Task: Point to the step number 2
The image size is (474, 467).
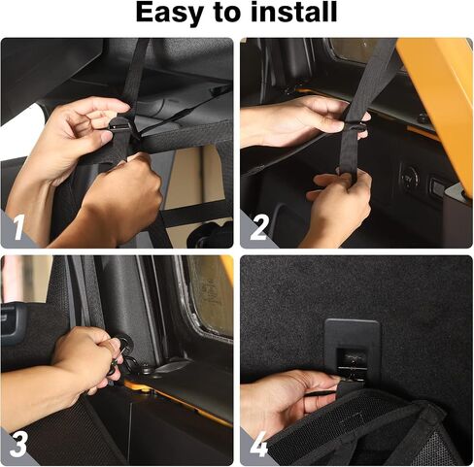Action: pyautogui.click(x=259, y=227)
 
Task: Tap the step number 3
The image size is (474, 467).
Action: pyautogui.click(x=18, y=445)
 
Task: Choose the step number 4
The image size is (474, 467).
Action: pyautogui.click(x=259, y=445)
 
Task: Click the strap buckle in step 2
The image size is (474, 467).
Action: pyautogui.click(x=355, y=126)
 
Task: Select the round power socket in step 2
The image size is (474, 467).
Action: pyautogui.click(x=409, y=178)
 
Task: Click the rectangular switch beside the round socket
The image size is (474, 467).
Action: pyautogui.click(x=437, y=186)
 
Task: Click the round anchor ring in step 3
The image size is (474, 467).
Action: pyautogui.click(x=125, y=343)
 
